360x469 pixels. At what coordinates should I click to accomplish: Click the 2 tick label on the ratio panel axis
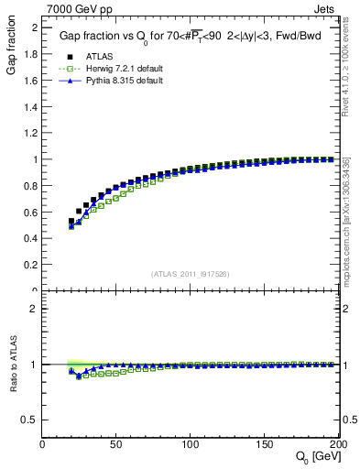click(x=34, y=309)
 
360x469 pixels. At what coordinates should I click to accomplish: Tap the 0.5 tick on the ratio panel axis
click(x=30, y=420)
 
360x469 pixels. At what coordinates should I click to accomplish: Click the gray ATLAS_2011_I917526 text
click(x=190, y=273)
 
